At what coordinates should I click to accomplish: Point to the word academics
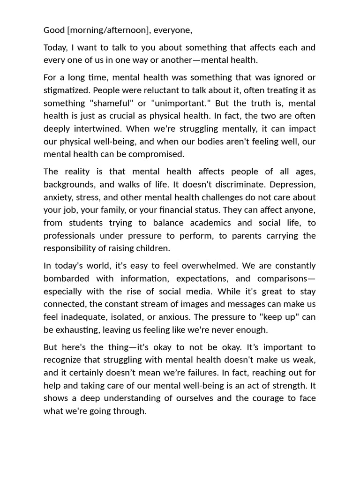[x=199, y=223]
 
